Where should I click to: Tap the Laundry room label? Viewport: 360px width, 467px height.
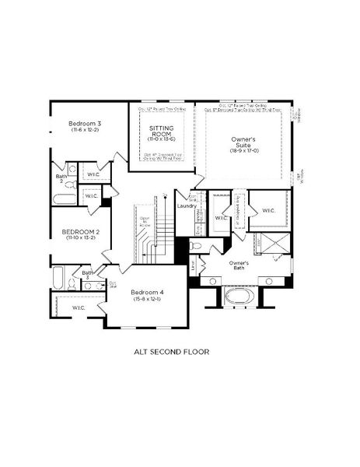click(186, 206)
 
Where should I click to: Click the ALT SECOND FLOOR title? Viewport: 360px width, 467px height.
click(172, 351)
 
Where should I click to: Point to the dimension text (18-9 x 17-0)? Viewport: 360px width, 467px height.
click(243, 153)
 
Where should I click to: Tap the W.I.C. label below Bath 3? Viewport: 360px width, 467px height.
click(79, 308)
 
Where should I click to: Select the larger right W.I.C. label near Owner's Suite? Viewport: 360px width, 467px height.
click(268, 210)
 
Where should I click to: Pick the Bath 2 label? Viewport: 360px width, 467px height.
click(61, 178)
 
